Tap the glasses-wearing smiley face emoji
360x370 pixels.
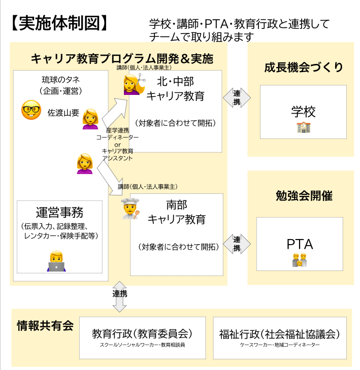31,110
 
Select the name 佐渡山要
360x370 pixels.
63,112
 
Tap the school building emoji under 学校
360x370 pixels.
303,127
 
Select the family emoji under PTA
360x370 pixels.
300,260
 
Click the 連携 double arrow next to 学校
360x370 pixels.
237,95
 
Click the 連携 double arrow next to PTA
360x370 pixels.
237,244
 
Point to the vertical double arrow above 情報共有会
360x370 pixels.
120,296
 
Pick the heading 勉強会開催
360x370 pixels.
304,196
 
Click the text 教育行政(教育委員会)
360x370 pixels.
142,334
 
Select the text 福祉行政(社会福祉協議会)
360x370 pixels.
280,334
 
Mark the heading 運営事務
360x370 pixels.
59,213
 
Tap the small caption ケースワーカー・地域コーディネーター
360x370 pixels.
280,345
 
